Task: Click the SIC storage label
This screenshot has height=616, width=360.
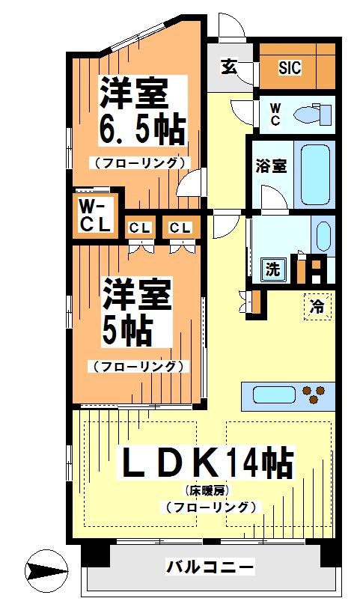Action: coord(290,67)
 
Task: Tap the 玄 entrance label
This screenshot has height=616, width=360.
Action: coord(228,67)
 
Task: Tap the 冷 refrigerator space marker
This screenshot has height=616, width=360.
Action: coord(317,305)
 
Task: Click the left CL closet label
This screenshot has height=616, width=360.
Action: coord(140,228)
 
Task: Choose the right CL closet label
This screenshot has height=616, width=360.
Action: coord(179,228)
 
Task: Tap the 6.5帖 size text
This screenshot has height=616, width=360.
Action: coord(142,130)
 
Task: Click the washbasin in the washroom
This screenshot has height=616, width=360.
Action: coord(323,237)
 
